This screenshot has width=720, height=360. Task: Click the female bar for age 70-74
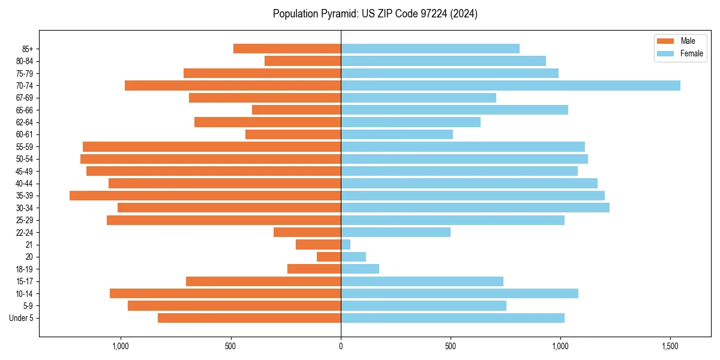tap(510, 85)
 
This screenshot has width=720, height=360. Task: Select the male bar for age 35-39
tap(205, 196)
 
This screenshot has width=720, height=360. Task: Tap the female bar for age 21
tap(346, 244)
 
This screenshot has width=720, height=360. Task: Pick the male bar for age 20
tap(329, 257)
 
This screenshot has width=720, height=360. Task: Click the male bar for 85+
tap(287, 49)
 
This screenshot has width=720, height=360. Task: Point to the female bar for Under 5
tap(452, 318)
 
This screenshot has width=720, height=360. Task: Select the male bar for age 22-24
tap(307, 232)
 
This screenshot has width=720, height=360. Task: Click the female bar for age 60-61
tap(397, 134)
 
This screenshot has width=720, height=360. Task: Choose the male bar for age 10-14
tap(225, 293)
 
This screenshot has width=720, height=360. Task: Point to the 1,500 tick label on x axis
tap(670, 346)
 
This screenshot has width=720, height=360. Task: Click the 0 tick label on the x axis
tap(341, 346)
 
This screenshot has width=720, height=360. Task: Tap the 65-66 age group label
tap(25, 110)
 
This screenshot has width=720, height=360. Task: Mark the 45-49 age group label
tap(25, 171)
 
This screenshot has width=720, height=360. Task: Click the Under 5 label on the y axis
tap(21, 318)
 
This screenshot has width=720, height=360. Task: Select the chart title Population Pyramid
tap(375, 14)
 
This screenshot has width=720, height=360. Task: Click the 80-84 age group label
tap(25, 61)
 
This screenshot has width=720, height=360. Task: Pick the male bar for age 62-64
tap(268, 122)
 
